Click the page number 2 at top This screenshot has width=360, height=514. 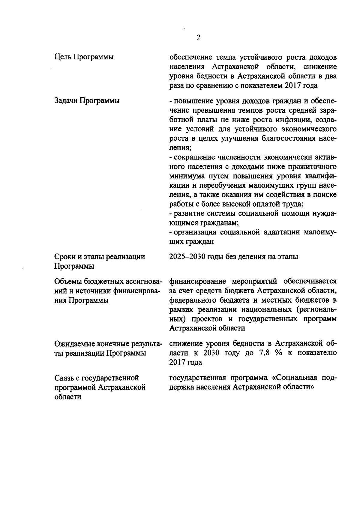tap(198, 37)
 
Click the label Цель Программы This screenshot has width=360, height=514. tap(84, 57)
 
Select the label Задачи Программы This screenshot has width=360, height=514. tap(87, 100)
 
